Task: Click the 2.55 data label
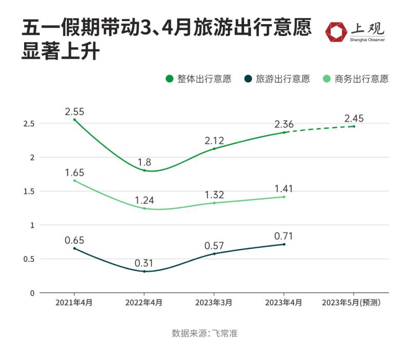click(x=74, y=111)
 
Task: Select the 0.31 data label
click(x=144, y=263)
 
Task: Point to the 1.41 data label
click(x=284, y=188)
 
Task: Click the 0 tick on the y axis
click(x=32, y=293)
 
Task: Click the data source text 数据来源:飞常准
click(x=204, y=333)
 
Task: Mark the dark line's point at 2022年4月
click(x=144, y=271)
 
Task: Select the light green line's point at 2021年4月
click(x=74, y=181)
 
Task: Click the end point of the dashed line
click(x=354, y=126)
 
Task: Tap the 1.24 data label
click(x=144, y=201)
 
